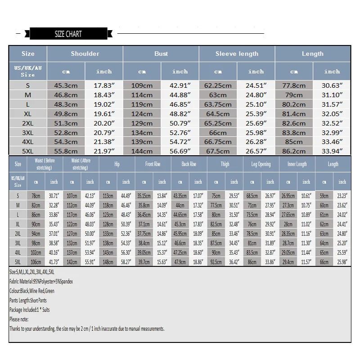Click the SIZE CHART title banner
coord(68,34)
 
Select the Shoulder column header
coord(85,54)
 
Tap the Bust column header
coord(161,54)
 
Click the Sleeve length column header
coord(237,54)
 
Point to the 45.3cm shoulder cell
coord(66,85)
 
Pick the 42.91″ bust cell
coord(180,85)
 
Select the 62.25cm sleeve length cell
coord(218,85)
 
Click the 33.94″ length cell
coord(332,151)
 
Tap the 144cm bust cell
coord(142,151)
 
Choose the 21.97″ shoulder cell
coord(104,151)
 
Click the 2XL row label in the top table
coord(28,123)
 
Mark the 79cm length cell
coord(294,95)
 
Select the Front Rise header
coord(153,164)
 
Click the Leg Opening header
coord(261,164)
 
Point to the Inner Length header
coord(297,164)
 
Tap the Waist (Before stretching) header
coord(45,164)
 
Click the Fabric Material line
coord(41,282)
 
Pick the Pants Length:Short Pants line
coord(28,301)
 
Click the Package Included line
coord(30,310)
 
